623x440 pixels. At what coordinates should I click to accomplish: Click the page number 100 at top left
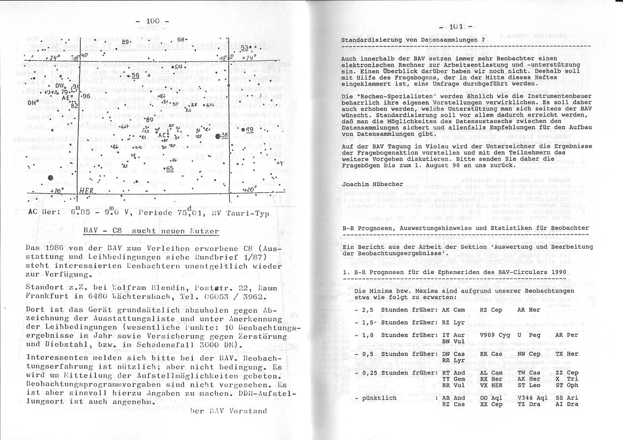[x=152, y=21]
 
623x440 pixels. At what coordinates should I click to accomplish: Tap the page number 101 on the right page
[x=457, y=26]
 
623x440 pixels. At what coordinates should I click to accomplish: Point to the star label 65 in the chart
[x=169, y=168]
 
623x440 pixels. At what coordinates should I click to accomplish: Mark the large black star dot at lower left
[x=51, y=178]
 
